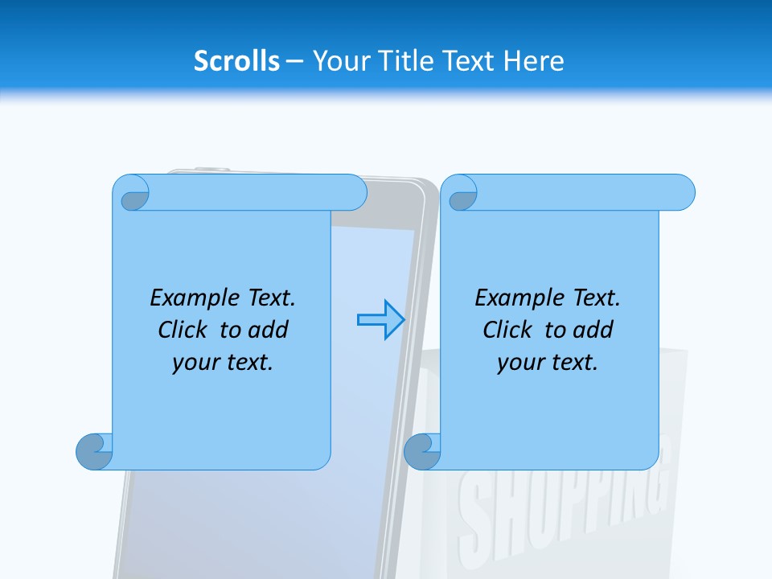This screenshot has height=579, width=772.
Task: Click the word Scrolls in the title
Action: click(236, 61)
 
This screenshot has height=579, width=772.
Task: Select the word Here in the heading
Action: click(534, 61)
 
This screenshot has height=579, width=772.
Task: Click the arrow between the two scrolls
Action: click(380, 320)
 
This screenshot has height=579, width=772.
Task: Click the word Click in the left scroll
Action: click(183, 330)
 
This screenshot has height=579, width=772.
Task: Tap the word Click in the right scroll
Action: click(507, 330)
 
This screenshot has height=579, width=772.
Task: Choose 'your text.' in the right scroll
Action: click(548, 362)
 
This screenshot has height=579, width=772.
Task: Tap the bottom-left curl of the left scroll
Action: click(94, 451)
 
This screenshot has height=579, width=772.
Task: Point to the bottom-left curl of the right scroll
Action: click(422, 451)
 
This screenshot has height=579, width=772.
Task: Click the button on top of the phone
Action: click(211, 170)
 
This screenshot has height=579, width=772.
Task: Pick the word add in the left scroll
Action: click(269, 330)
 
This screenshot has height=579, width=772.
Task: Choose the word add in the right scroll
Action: click(593, 330)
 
